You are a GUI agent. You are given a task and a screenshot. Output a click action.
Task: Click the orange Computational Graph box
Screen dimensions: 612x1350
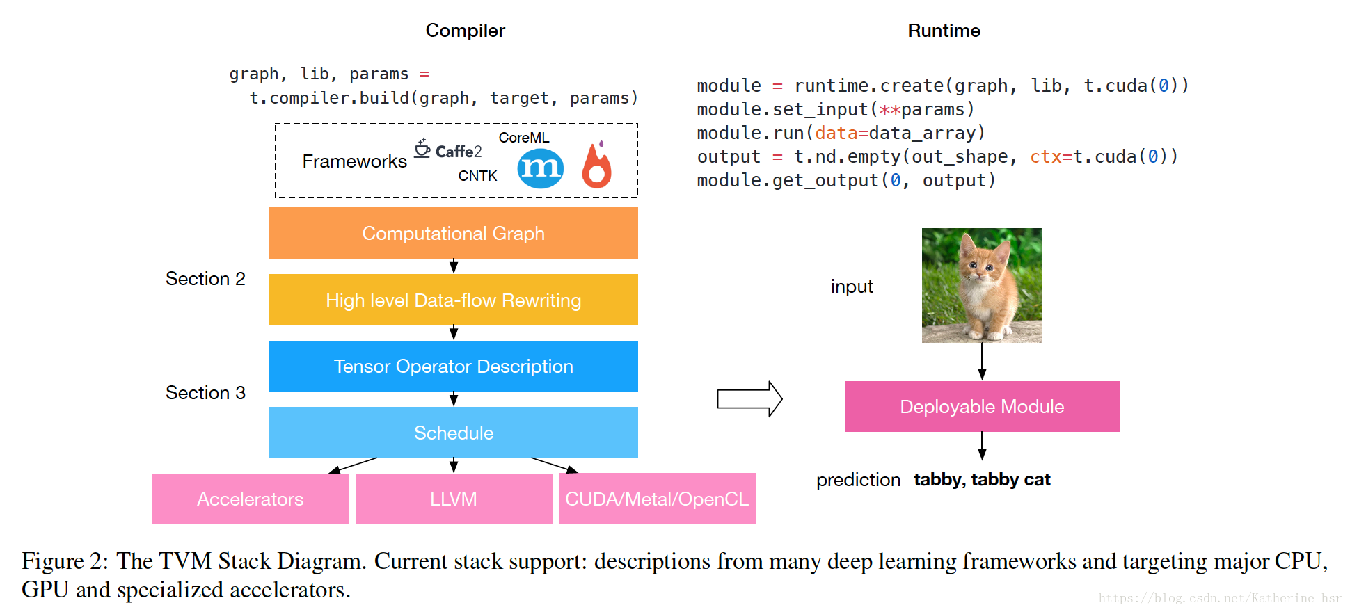453,233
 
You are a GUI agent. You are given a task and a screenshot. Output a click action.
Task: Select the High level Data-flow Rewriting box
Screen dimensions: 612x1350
453,300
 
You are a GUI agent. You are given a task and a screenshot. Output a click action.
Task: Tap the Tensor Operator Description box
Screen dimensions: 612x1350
453,367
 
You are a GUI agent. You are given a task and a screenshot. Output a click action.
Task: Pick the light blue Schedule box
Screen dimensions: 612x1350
453,433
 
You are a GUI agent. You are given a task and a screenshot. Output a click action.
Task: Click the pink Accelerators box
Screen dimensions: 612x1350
250,499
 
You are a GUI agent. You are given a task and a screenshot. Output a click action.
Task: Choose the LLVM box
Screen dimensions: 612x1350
453,499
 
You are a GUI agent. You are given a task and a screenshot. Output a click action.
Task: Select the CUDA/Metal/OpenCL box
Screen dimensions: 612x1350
656,499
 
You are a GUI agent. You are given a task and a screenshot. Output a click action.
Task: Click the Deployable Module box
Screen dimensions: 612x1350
981,407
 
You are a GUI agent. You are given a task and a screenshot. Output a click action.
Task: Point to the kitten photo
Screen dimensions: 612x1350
981,285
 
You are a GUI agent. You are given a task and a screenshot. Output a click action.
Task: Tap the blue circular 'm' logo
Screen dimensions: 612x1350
540,168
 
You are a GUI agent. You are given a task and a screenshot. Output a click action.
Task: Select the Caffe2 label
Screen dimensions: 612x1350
450,150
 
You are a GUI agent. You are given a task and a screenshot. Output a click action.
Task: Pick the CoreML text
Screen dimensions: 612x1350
523,138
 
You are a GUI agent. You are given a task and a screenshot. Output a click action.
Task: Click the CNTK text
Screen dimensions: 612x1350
477,176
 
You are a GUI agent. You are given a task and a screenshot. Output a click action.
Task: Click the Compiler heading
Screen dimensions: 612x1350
465,31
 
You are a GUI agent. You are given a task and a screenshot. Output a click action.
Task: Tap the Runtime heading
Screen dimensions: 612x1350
944,31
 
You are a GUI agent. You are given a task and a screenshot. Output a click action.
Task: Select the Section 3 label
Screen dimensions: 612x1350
205,393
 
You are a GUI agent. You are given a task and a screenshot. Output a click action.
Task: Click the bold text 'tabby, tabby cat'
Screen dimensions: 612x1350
981,480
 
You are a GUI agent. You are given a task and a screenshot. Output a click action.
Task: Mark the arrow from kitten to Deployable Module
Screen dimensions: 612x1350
981,362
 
